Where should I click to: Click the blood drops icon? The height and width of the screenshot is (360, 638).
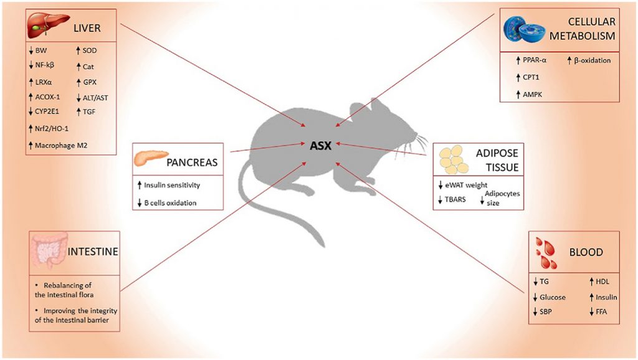[546, 252]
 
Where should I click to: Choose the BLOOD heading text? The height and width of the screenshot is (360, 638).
[586, 252]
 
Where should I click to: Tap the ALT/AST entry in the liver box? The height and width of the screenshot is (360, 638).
[97, 97]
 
